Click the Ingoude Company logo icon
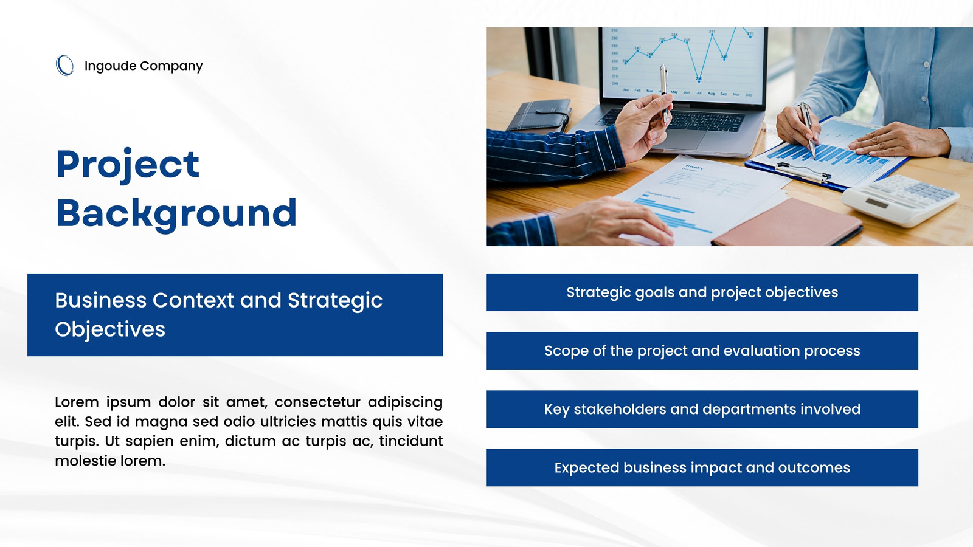[64, 66]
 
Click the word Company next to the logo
[171, 66]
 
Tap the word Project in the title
[128, 165]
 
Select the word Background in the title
[176, 213]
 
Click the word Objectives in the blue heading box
[110, 329]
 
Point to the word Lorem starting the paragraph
[77, 402]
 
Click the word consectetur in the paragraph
[317, 402]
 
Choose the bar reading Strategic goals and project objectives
[702, 292]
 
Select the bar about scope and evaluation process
[702, 351]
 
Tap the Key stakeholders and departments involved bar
[702, 409]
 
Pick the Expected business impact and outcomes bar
[702, 467]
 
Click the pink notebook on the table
[787, 224]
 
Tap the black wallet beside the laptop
[539, 115]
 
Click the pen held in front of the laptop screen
[664, 94]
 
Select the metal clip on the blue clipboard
[803, 172]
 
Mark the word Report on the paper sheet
[694, 167]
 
